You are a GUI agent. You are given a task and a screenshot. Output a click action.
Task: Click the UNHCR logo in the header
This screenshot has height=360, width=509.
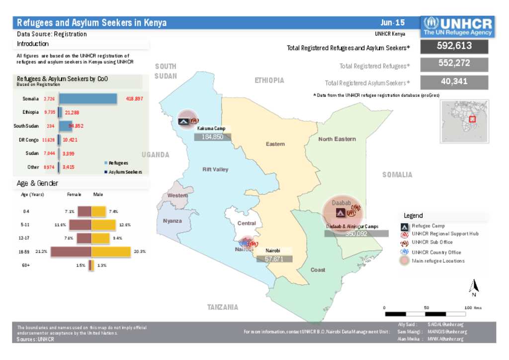tap(458, 26)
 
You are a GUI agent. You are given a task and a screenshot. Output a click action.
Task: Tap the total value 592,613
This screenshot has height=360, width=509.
tap(454, 46)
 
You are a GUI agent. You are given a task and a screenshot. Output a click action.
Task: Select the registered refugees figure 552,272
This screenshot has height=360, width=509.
tap(454, 64)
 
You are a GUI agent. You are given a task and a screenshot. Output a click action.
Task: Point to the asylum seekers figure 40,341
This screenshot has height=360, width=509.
tap(454, 82)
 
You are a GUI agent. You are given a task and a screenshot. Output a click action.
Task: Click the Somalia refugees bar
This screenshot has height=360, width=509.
tap(88, 98)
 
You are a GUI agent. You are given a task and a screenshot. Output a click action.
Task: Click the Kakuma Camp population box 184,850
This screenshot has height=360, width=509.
tap(212, 137)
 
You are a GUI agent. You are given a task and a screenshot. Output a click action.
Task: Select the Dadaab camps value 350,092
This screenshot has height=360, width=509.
tap(356, 233)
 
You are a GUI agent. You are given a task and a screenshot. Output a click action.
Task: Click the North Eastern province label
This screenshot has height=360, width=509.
tap(337, 139)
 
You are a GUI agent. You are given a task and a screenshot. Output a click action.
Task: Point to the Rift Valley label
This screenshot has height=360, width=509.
tap(215, 170)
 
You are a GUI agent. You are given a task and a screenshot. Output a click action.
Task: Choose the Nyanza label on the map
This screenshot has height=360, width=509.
tap(172, 221)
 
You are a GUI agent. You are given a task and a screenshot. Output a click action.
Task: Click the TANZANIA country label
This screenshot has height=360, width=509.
tap(222, 307)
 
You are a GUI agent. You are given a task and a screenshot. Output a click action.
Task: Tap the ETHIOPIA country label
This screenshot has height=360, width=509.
tap(269, 80)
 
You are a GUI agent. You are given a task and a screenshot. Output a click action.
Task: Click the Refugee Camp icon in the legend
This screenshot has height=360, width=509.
tap(405, 226)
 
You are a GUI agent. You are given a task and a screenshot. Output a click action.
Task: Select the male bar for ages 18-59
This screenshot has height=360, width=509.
tap(111, 252)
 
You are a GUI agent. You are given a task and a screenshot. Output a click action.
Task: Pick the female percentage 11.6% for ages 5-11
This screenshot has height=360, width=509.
tap(61, 225)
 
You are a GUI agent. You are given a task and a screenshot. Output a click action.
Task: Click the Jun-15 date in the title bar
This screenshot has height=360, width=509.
tap(393, 23)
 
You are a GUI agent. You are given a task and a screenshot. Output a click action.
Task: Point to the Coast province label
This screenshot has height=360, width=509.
tap(318, 270)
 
